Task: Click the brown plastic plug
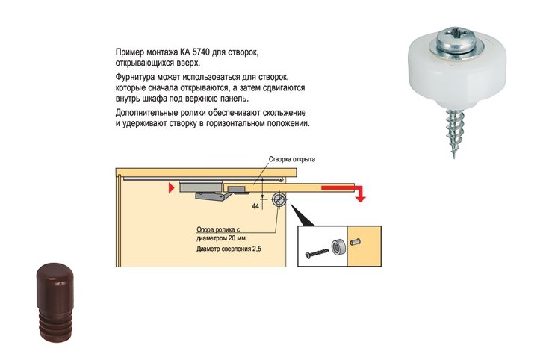tap(55, 302)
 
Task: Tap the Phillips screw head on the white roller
tap(456, 40)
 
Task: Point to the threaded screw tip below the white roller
tap(453, 133)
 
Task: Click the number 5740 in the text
tap(201, 53)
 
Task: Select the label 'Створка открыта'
tap(292, 159)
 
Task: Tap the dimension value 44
tap(255, 206)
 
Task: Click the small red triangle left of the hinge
tap(171, 188)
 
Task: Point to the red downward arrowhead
tap(361, 199)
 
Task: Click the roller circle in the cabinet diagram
tap(279, 200)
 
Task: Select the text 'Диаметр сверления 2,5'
tap(229, 249)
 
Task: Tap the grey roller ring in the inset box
tap(338, 247)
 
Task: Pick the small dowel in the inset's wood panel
tap(356, 242)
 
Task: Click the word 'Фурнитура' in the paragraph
tap(134, 77)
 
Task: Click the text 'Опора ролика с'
tap(218, 230)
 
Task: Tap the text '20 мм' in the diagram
tap(238, 239)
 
